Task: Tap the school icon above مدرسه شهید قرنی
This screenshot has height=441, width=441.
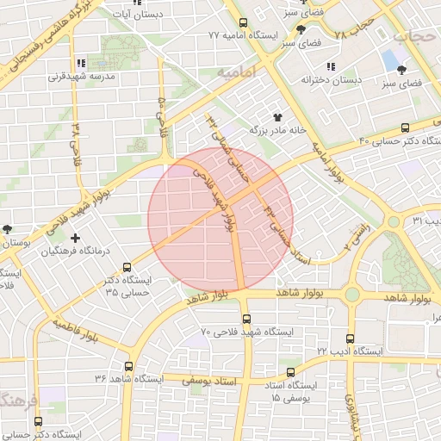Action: tap(81, 62)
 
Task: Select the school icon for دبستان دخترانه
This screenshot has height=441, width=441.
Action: tap(331, 66)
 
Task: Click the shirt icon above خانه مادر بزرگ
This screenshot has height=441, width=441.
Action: tap(277, 116)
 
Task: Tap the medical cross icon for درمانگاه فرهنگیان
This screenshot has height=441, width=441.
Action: tap(76, 238)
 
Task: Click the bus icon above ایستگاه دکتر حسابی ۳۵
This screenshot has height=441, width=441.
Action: tap(127, 268)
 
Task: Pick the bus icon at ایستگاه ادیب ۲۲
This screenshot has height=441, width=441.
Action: tap(350, 339)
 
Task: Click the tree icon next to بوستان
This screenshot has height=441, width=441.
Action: tap(8, 229)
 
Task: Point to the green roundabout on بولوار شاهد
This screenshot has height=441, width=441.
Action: tap(351, 295)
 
